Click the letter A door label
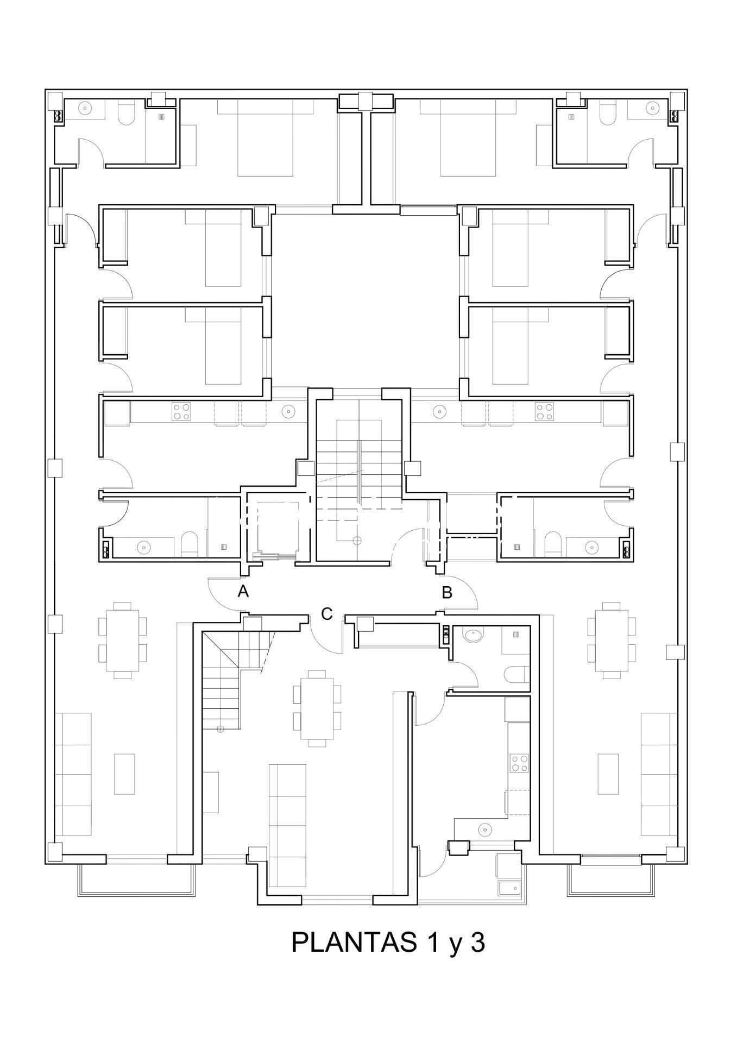point(243,591)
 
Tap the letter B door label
point(447,592)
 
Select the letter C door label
point(326,614)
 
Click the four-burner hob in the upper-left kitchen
point(181,411)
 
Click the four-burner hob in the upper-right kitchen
point(544,411)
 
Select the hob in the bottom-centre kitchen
point(519,763)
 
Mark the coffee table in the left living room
point(124,774)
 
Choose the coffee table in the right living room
point(608,774)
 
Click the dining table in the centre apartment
point(317,708)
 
